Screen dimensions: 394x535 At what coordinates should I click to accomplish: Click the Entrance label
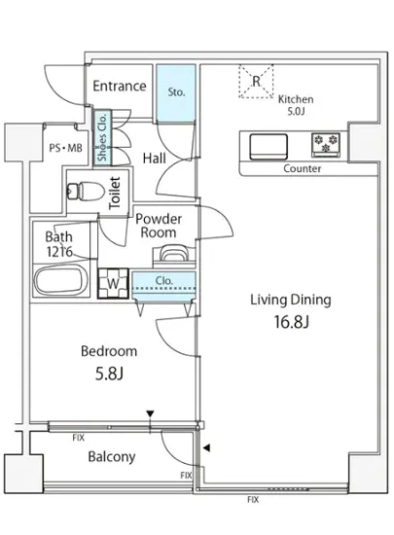(x=120, y=86)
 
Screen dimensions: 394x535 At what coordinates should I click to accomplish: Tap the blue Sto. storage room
(x=176, y=92)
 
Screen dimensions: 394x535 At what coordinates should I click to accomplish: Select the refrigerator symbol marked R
(x=256, y=82)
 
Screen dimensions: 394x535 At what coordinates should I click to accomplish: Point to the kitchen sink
(x=269, y=147)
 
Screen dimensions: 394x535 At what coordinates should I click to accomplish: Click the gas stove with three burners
(x=326, y=145)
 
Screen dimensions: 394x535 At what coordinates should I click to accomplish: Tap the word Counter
(x=303, y=168)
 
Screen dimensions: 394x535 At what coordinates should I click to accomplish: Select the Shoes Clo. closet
(x=102, y=138)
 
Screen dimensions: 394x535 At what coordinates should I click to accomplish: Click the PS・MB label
(x=65, y=148)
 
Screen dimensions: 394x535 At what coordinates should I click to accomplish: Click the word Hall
(x=154, y=159)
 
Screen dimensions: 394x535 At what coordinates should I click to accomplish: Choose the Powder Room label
(x=159, y=226)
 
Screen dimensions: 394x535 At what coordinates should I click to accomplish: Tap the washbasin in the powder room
(x=174, y=254)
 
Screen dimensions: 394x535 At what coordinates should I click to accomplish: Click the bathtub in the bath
(x=60, y=281)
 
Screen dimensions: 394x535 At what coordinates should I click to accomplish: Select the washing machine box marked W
(x=113, y=283)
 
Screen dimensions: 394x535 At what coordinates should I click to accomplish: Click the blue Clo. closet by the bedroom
(x=163, y=286)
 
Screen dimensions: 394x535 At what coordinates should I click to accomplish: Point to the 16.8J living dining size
(x=291, y=322)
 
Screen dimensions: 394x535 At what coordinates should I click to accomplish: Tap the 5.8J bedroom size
(x=109, y=374)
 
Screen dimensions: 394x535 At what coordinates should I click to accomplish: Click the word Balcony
(x=112, y=456)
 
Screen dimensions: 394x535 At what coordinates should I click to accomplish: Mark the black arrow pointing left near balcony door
(x=206, y=447)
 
